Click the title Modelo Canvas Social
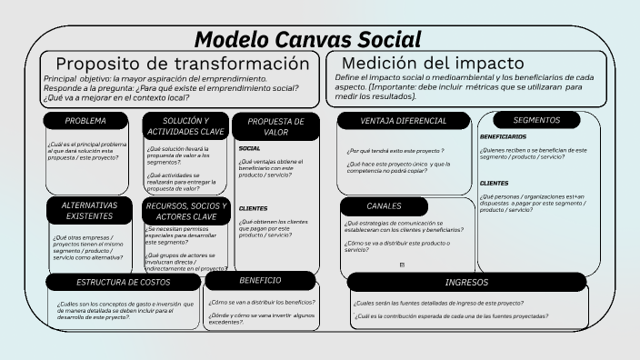tap(308, 39)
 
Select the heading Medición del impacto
tap(433, 63)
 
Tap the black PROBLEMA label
tap(85, 121)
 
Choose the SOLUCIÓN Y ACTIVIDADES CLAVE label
tap(185, 126)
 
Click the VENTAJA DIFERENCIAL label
tap(403, 121)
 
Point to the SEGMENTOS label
tap(536, 120)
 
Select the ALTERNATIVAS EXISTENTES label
tap(89, 211)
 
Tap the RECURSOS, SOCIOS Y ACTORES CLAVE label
tap(186, 211)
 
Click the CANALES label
tap(384, 206)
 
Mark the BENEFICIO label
tap(260, 280)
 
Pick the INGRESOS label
tap(466, 283)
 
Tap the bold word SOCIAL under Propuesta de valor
tap(249, 148)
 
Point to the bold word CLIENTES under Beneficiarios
tap(495, 183)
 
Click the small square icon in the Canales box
tap(402, 265)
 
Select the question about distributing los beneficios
tap(262, 302)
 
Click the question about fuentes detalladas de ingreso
tap(438, 303)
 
